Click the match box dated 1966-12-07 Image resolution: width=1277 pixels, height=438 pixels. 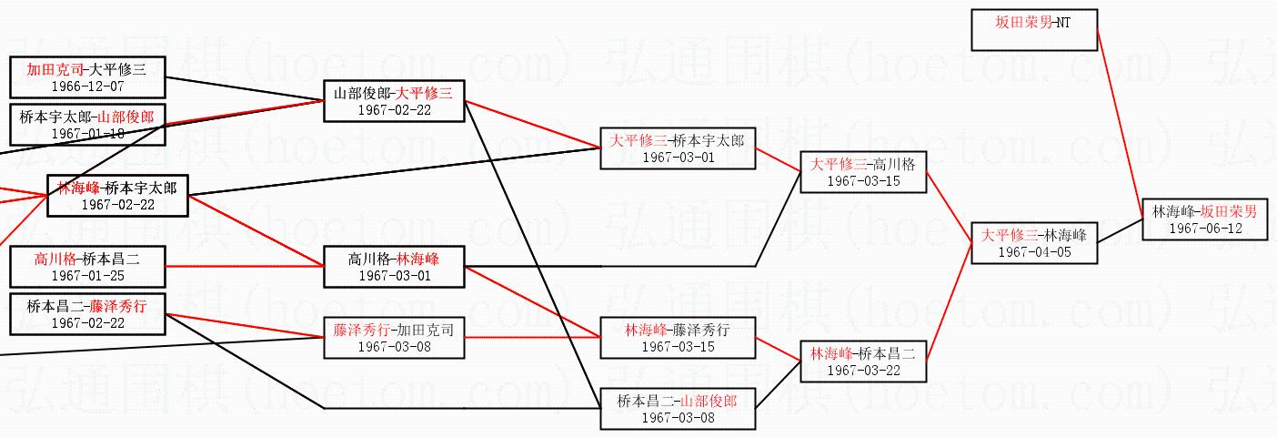(87, 76)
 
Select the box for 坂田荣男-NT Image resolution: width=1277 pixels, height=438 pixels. (1034, 30)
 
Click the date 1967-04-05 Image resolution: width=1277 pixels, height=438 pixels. (1034, 251)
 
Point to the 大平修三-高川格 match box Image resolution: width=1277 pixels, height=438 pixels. (863, 171)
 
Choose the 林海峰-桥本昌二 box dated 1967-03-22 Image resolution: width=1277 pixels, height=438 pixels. (863, 360)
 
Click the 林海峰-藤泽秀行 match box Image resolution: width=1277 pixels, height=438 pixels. (678, 338)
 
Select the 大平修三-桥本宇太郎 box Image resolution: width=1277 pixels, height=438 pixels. (678, 148)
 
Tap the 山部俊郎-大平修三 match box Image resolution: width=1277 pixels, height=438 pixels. (394, 100)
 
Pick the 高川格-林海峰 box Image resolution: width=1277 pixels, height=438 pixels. (394, 266)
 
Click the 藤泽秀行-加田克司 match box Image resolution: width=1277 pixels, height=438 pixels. (394, 337)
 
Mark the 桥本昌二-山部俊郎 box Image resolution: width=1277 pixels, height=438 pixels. (678, 408)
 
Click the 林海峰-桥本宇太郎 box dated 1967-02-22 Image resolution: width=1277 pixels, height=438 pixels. (117, 195)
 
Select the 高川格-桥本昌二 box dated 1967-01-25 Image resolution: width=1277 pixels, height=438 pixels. (87, 266)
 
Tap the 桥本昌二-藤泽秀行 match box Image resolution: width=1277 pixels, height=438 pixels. (87, 313)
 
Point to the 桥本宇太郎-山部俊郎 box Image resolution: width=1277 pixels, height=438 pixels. (87, 125)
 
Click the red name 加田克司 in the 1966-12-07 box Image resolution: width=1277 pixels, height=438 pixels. (55, 68)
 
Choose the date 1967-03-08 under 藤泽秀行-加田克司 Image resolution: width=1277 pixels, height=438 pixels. (394, 346)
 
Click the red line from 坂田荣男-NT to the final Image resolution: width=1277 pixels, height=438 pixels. (1118, 118)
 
